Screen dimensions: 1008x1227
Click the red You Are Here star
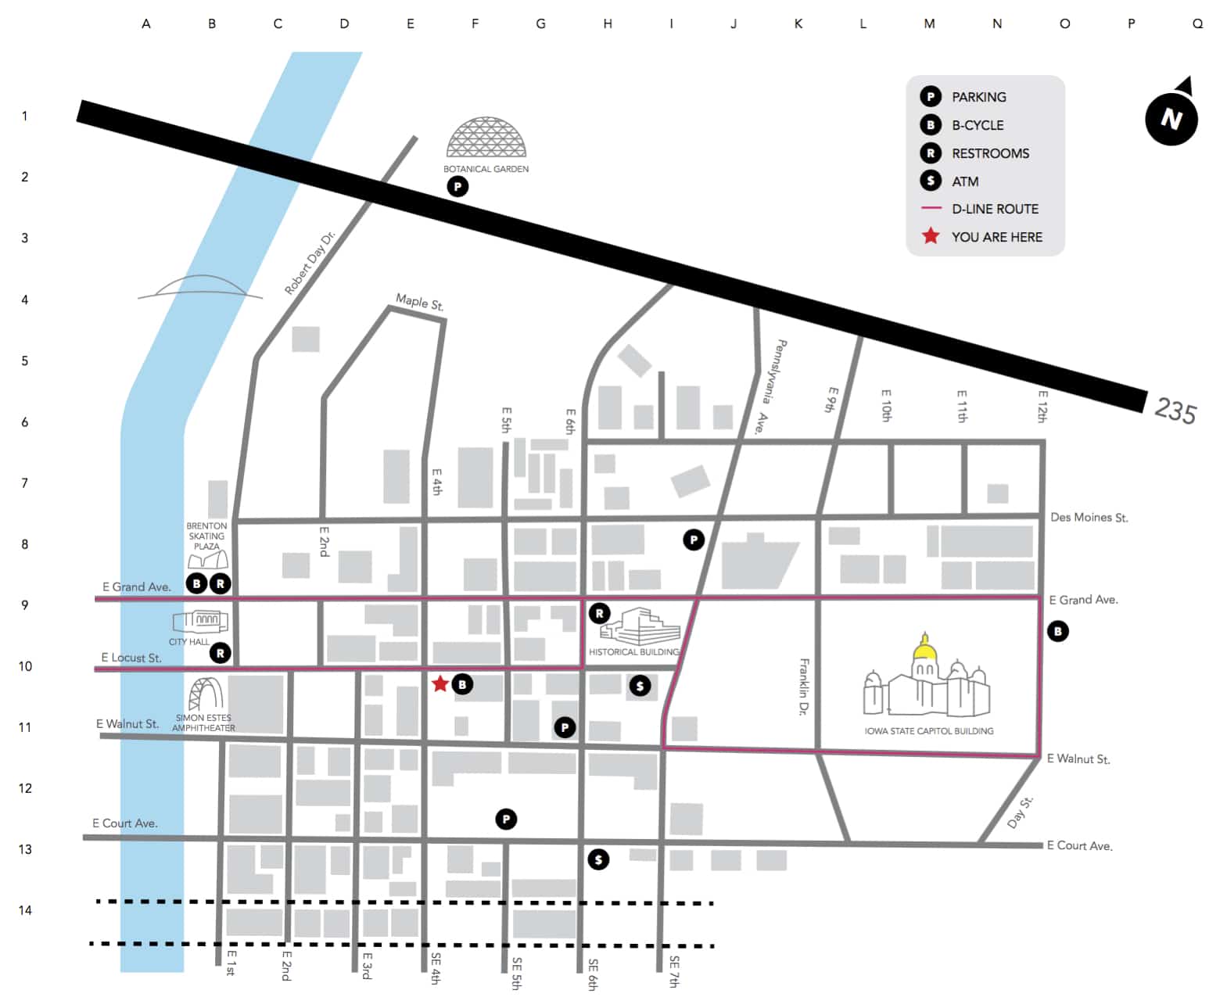440,684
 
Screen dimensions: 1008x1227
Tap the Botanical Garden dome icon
486,138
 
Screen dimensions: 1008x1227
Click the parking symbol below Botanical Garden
457,186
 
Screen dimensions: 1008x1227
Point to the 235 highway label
1175,410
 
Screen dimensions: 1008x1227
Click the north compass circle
1171,119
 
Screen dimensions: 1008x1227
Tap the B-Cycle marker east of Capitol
1057,631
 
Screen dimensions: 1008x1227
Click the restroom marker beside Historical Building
599,613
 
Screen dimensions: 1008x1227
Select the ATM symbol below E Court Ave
598,859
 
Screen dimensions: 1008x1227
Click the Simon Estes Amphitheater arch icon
206,694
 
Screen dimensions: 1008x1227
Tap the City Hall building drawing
201,621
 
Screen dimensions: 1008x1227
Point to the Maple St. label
419,302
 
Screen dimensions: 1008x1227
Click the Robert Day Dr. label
309,263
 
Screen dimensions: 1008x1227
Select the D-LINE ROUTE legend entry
994,209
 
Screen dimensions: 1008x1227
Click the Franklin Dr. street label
804,687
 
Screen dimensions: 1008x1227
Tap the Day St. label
1020,812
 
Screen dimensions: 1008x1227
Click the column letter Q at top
1197,23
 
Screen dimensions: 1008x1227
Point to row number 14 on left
25,910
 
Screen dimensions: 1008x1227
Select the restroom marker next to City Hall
221,653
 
